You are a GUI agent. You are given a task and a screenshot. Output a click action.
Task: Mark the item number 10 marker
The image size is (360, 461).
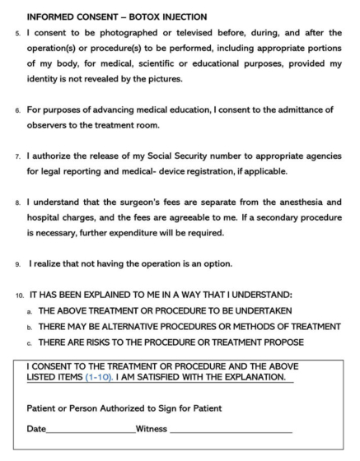(18, 294)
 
